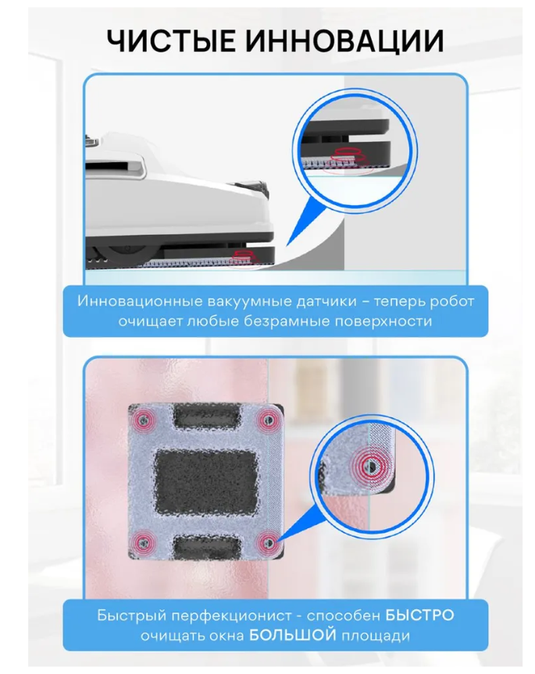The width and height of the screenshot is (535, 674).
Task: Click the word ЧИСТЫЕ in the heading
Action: coord(171,41)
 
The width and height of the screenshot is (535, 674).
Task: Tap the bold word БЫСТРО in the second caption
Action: coord(419,615)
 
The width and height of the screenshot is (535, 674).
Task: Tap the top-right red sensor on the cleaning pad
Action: coord(268,420)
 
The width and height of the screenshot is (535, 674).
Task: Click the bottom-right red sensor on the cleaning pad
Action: coord(269,542)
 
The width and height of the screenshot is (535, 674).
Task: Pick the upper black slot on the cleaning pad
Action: coord(207,416)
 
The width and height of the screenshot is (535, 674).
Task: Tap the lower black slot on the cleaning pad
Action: coord(207,547)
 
